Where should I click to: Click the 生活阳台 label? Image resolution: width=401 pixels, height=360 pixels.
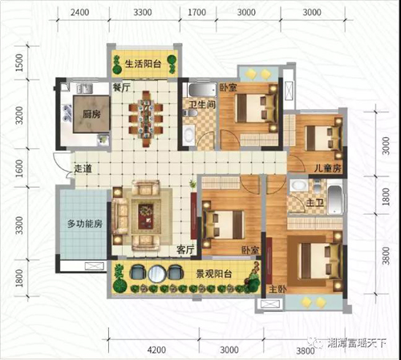coord(143,64)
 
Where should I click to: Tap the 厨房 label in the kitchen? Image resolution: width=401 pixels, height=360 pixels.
coord(91,114)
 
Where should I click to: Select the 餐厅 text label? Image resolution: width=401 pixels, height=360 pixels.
coord(121,87)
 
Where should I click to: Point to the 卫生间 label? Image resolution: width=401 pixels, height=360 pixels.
coord(202,104)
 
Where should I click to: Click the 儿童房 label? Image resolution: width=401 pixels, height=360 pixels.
coord(327,168)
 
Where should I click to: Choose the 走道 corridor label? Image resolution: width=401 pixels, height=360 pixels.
coord(83,168)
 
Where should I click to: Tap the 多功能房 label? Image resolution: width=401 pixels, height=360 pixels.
coord(85,224)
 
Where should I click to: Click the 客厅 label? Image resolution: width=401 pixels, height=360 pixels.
coord(185,249)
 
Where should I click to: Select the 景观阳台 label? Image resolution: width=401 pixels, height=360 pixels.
coord(214,273)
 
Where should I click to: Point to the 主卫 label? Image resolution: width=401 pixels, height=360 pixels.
coord(314,203)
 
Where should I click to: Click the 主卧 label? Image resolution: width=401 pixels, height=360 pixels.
coord(277,289)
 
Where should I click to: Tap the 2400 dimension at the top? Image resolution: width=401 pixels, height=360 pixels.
coord(79,12)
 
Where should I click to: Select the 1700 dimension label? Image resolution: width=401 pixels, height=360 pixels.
coord(196,12)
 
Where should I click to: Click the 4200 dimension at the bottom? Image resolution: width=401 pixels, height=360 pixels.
coord(156,350)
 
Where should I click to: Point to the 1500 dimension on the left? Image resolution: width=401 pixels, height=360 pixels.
coord(19,63)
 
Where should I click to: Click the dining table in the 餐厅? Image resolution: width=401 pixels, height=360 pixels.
coord(146,119)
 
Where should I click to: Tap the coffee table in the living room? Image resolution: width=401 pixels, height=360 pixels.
coord(146,216)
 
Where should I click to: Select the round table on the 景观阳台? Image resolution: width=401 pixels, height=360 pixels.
coord(157,273)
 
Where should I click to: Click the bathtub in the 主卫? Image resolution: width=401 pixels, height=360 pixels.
coord(334,198)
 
